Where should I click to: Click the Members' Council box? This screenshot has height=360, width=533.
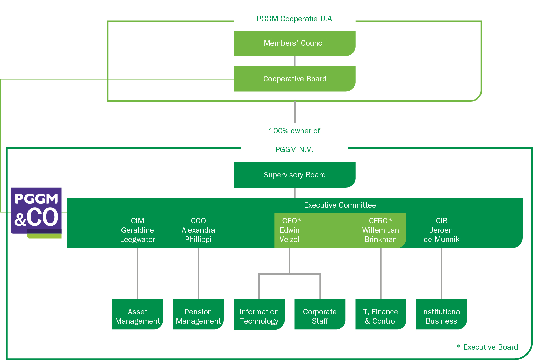tap(294, 43)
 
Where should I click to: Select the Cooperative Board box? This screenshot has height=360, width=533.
tap(294, 79)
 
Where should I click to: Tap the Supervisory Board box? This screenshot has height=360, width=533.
tap(294, 175)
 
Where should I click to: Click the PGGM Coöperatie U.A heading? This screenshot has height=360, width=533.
tap(294, 19)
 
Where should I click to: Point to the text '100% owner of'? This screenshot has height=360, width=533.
tap(294, 131)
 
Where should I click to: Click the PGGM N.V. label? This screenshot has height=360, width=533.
tap(294, 150)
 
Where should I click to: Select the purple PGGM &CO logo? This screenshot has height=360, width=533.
tap(36, 211)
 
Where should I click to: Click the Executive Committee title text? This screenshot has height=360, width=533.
tap(340, 205)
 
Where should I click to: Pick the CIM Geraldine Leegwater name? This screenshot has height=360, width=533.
tap(138, 230)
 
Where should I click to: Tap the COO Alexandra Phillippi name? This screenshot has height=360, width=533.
tap(198, 230)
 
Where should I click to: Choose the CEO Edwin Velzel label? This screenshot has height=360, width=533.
tap(290, 230)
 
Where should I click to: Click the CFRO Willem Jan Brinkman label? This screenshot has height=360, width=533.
tap(381, 230)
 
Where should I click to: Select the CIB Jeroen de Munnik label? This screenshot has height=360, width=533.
tap(441, 230)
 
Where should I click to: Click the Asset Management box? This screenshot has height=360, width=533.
tap(138, 316)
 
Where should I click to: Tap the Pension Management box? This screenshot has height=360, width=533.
tap(198, 316)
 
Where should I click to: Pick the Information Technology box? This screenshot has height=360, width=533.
tap(259, 316)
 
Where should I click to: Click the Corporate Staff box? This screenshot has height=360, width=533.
tap(320, 316)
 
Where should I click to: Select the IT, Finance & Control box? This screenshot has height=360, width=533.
tap(381, 316)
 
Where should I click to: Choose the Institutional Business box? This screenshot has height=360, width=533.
tap(441, 316)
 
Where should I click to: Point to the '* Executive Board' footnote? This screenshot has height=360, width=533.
tap(487, 347)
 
